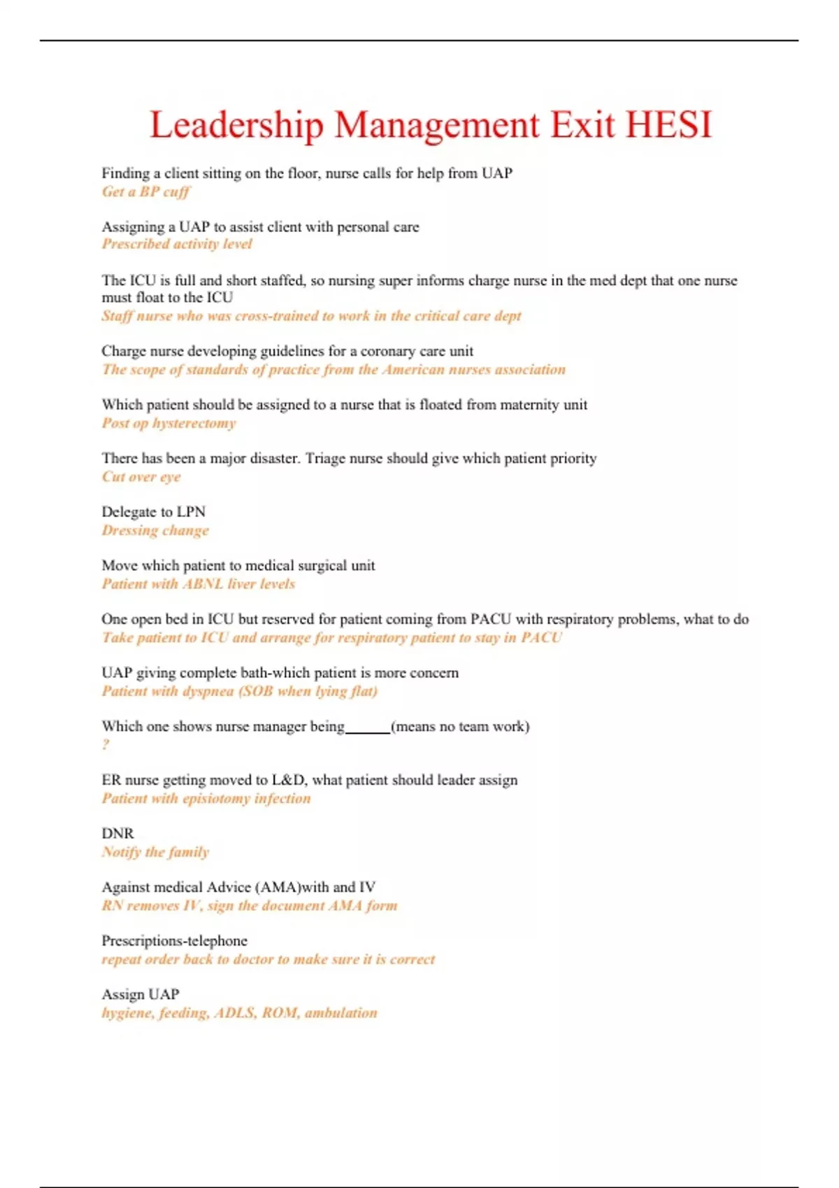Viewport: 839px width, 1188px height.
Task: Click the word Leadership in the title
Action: tap(237, 126)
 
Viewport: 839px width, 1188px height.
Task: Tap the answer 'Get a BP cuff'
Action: tap(145, 191)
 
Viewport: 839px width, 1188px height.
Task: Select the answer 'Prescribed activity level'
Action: tap(177, 244)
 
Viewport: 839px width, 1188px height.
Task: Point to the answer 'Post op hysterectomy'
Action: tap(168, 423)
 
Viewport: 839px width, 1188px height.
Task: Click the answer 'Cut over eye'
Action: tap(141, 477)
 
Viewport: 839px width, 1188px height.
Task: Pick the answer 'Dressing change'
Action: tap(155, 530)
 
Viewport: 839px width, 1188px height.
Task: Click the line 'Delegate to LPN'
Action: tap(153, 512)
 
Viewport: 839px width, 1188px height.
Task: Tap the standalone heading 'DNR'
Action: tap(117, 833)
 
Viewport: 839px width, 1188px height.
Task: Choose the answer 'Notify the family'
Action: tap(155, 852)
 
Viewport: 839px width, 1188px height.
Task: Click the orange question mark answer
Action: tap(106, 745)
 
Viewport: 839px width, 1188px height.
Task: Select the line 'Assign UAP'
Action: tap(140, 994)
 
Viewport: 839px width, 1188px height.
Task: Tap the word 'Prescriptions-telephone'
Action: tap(174, 941)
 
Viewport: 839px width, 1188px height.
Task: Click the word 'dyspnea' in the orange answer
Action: tap(208, 691)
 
